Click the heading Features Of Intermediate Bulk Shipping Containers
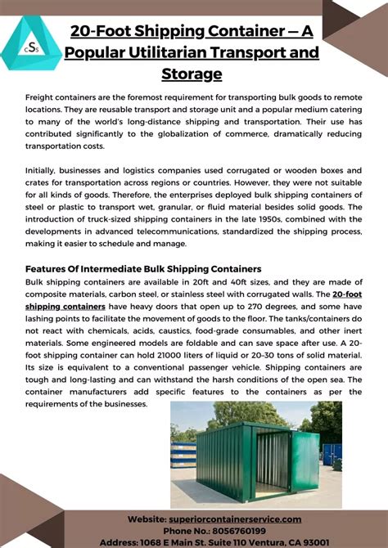click(x=143, y=269)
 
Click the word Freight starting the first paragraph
click(x=43, y=97)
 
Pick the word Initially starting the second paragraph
click(x=45, y=169)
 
